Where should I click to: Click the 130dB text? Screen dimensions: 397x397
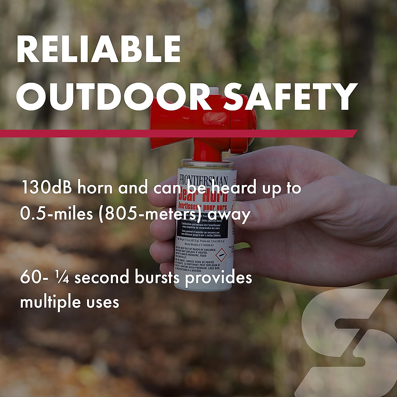(48, 188)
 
